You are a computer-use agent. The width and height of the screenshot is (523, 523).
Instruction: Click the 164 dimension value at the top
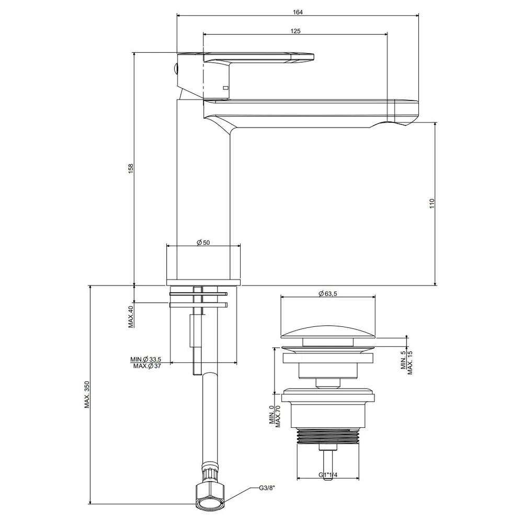click(298, 13)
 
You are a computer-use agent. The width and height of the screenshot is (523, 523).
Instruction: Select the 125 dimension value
click(295, 31)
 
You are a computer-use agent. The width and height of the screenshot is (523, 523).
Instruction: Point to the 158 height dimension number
click(131, 168)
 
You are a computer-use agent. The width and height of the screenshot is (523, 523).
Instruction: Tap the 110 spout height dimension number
click(432, 203)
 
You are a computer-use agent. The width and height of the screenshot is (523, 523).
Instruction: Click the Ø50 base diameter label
click(203, 242)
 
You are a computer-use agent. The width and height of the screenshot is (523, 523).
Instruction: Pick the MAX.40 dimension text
click(131, 316)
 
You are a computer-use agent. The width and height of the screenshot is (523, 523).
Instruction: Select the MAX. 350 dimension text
click(87, 394)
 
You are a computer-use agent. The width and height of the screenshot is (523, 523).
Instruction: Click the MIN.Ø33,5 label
click(146, 359)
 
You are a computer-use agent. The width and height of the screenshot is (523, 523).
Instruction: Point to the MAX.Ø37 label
click(147, 366)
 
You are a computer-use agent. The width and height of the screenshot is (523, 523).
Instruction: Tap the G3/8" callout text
click(267, 488)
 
